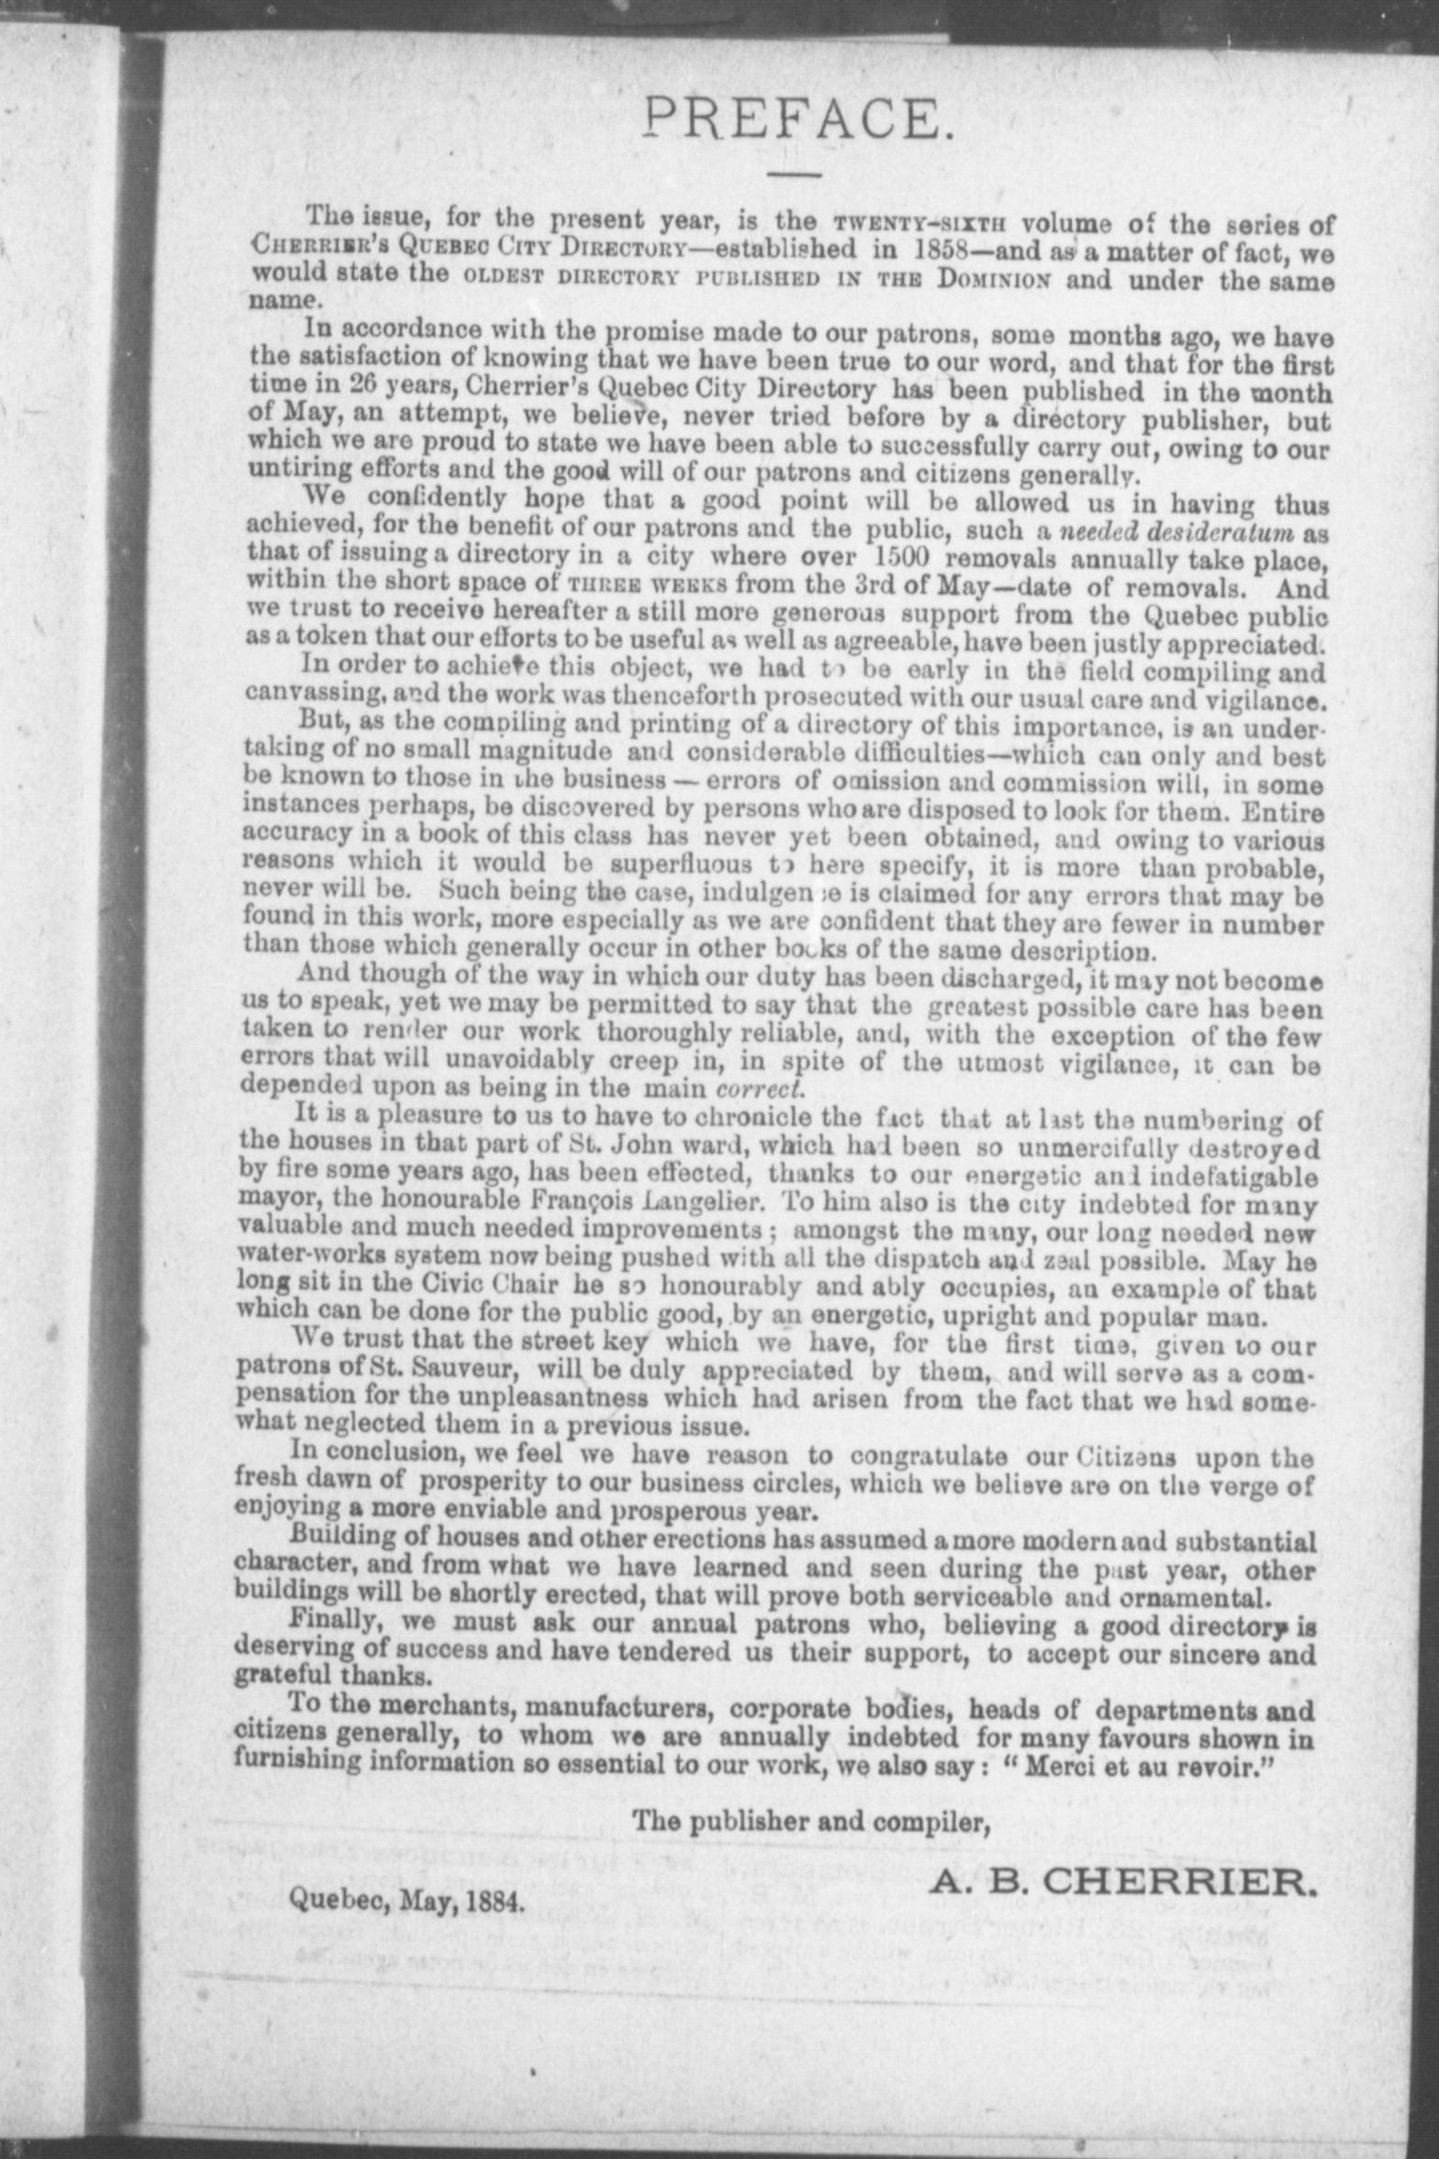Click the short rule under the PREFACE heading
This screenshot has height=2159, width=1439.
point(795,174)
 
